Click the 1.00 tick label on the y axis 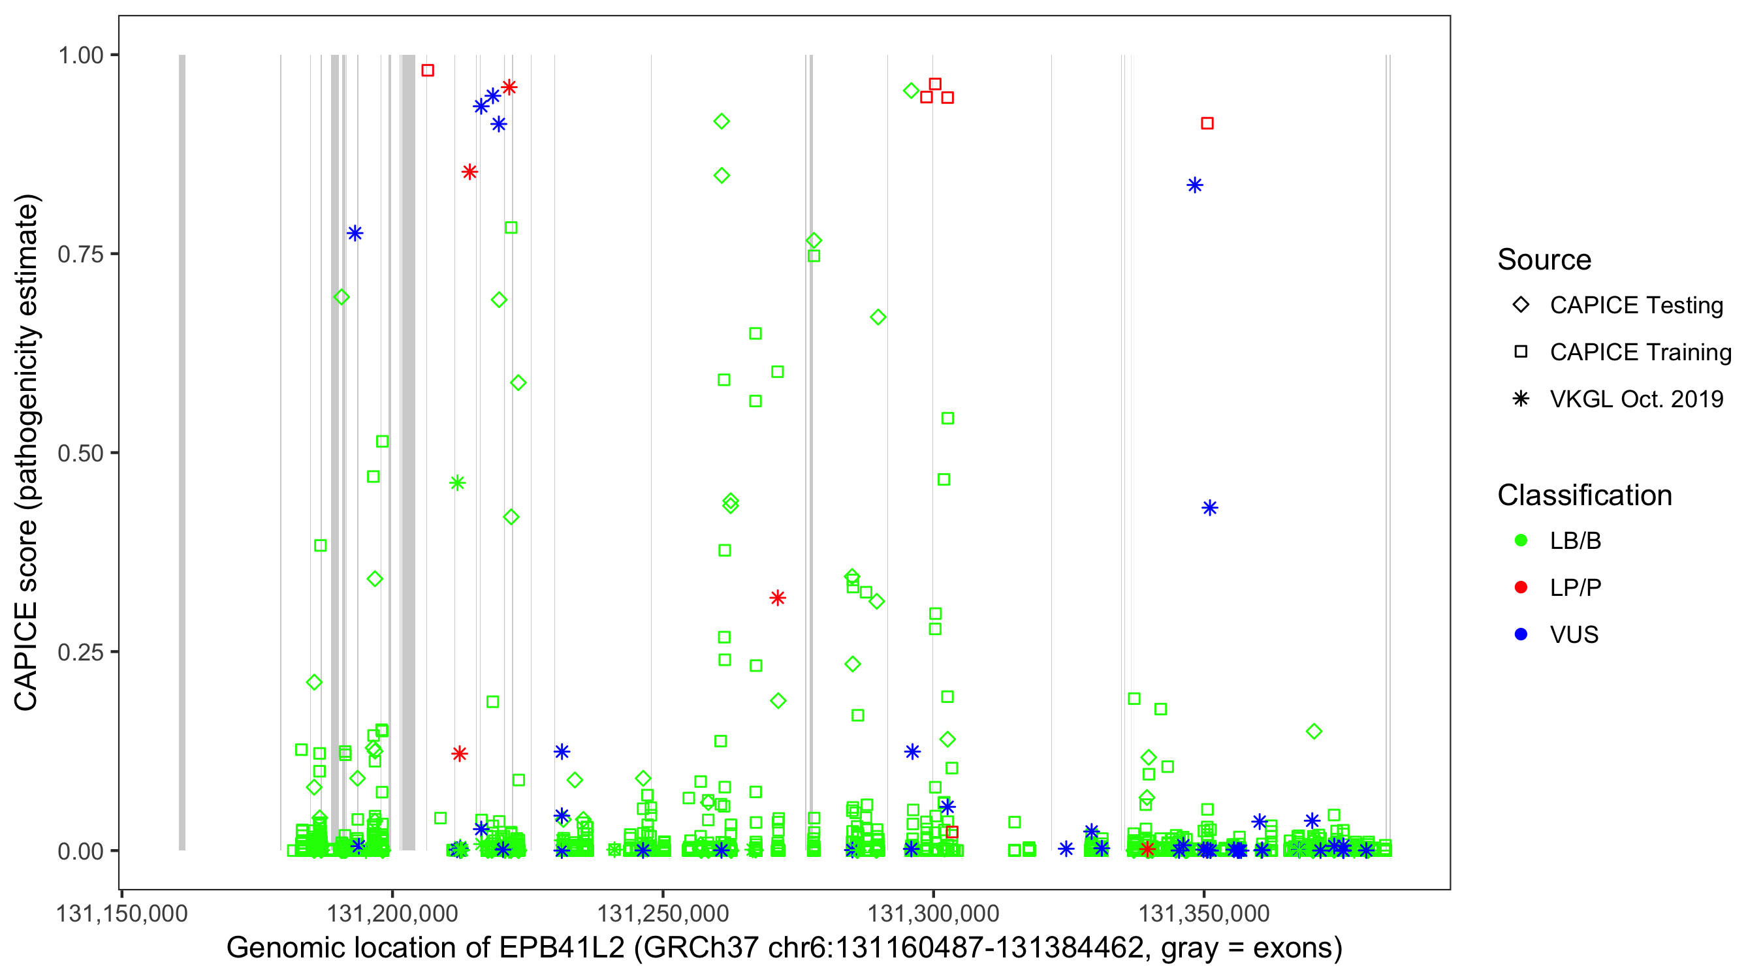(80, 55)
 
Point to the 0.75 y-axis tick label (80, 254)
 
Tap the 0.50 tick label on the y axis (80, 453)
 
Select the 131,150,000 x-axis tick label (122, 913)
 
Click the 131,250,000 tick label (663, 913)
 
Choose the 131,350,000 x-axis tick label (1204, 913)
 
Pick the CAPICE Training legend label (1640, 352)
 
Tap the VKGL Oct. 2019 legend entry (1636, 399)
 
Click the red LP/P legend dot (1521, 587)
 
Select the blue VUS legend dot (1521, 634)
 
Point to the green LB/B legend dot (1521, 540)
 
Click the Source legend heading (1544, 260)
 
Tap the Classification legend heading (1584, 495)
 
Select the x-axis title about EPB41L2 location (784, 948)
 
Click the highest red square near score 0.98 (428, 70)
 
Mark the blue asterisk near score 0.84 (1195, 185)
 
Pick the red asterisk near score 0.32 (778, 598)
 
